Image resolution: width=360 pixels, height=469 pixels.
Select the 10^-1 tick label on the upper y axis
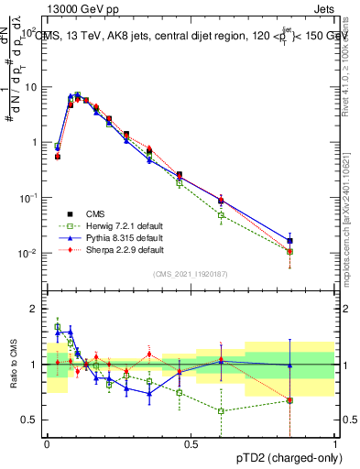tap(27, 198)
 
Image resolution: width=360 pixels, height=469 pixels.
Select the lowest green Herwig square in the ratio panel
tap(222, 410)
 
